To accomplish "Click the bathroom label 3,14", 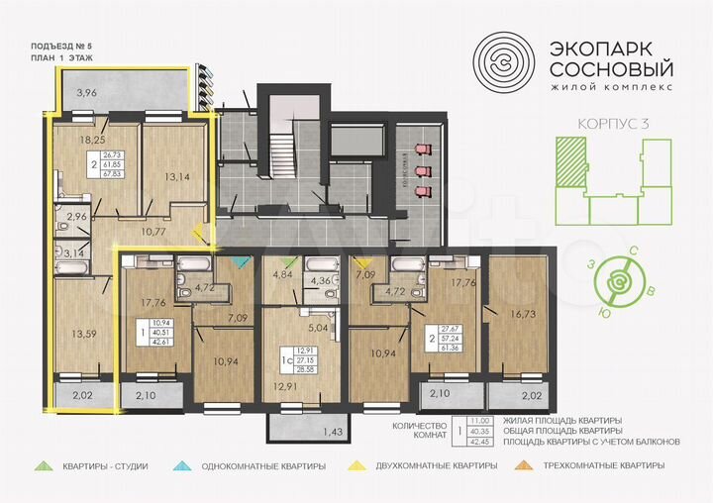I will click(x=75, y=254).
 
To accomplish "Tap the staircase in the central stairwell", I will click(x=281, y=153).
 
